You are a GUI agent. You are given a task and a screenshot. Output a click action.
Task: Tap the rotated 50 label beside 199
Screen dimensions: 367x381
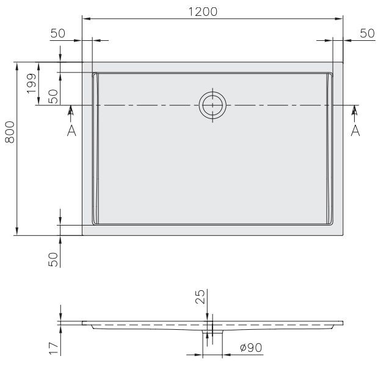coord(53,96)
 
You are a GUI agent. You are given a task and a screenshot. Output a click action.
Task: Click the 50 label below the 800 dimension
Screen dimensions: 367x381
coord(53,259)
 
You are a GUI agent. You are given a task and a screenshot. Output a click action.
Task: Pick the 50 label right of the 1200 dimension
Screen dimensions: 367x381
coord(366,34)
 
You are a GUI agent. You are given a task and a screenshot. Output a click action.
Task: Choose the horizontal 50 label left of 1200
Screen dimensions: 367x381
coord(58,34)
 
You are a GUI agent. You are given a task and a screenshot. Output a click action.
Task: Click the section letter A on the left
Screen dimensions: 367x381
coord(71,131)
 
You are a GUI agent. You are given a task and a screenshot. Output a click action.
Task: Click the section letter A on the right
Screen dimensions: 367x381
coord(355,131)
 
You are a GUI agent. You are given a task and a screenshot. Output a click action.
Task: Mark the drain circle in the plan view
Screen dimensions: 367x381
coord(212,105)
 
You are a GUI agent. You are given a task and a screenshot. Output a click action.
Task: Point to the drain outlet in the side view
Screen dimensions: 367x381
coord(211,334)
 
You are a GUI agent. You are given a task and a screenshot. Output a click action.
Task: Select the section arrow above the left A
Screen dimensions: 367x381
coord(71,112)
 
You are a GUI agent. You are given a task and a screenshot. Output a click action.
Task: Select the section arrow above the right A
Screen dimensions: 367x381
coord(355,112)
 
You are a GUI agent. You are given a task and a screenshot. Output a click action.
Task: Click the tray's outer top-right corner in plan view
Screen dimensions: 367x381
coord(344,62)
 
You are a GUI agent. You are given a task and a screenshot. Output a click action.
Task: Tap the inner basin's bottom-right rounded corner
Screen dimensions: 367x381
coord(331,221)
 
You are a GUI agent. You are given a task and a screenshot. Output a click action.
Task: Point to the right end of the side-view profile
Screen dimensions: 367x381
coord(343,322)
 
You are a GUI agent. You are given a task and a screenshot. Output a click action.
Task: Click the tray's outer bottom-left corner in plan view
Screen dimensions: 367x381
coord(82,235)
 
